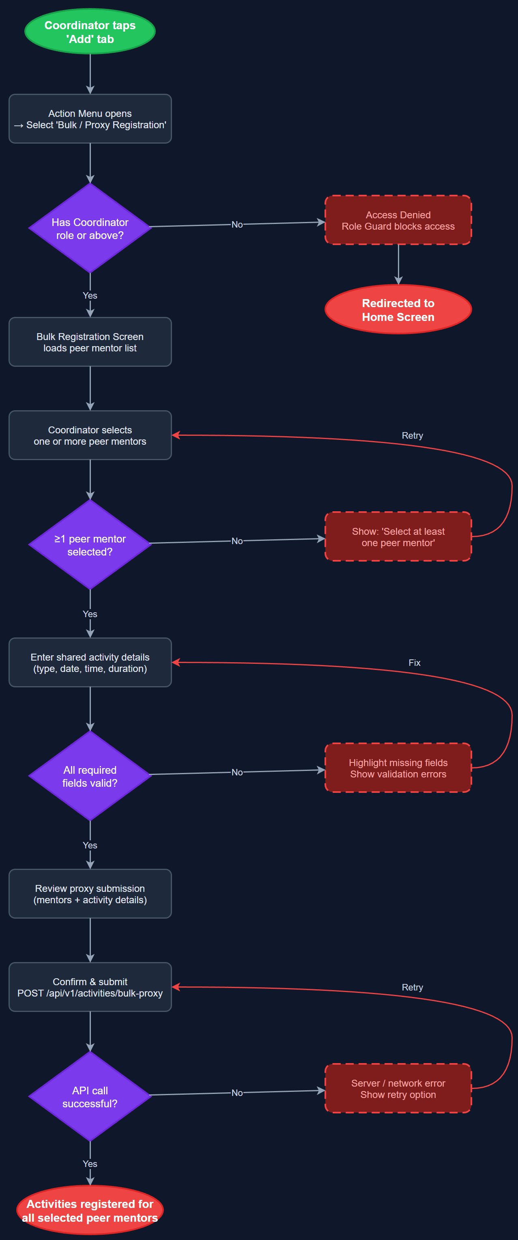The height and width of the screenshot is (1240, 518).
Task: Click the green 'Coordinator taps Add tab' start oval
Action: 90,32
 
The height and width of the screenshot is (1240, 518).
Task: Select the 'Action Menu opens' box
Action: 90,119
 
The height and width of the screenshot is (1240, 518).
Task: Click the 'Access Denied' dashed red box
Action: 398,220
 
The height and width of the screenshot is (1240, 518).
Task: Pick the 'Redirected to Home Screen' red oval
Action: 398,310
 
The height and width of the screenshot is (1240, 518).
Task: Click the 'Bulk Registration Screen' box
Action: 90,342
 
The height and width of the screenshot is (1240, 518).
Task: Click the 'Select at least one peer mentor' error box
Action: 398,537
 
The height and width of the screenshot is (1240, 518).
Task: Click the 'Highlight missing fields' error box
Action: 398,768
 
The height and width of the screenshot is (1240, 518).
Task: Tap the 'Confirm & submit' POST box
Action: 90,987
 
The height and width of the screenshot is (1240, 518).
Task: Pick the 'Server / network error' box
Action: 398,1088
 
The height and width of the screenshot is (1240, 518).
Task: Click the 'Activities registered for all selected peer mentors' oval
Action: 90,1210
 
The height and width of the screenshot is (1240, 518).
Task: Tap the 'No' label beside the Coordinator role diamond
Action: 237,224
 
